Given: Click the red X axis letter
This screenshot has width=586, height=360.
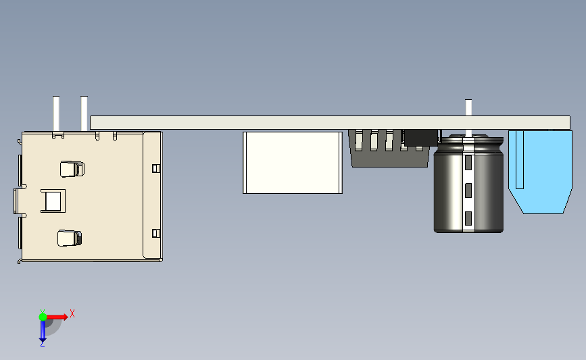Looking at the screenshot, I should click(x=72, y=313).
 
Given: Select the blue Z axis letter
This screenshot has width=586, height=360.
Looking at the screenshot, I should click(x=42, y=344).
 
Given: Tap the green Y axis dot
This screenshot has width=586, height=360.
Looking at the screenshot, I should click(x=43, y=315).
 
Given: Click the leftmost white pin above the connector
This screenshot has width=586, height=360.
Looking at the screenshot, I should click(x=56, y=113).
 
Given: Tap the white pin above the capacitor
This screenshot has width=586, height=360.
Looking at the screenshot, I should click(x=468, y=107).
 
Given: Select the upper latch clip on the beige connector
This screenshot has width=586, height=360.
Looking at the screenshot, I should click(x=71, y=168).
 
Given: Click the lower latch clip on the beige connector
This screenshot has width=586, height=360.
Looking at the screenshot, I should click(x=70, y=238).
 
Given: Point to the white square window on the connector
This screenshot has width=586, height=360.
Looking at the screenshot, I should click(x=53, y=201).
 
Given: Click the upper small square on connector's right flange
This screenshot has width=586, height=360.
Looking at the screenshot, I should click(x=156, y=168).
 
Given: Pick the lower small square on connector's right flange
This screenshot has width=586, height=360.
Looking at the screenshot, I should click(x=156, y=233).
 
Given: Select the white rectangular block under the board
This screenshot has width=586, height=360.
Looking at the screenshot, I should click(x=293, y=162).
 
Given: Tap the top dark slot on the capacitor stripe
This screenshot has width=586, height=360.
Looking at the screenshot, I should click(x=468, y=163).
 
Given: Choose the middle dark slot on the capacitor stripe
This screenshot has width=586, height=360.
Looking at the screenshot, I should click(x=468, y=190).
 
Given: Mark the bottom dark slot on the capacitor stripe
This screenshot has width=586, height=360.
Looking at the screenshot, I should click(x=468, y=217).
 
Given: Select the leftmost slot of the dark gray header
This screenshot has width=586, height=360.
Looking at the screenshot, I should click(x=358, y=140).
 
